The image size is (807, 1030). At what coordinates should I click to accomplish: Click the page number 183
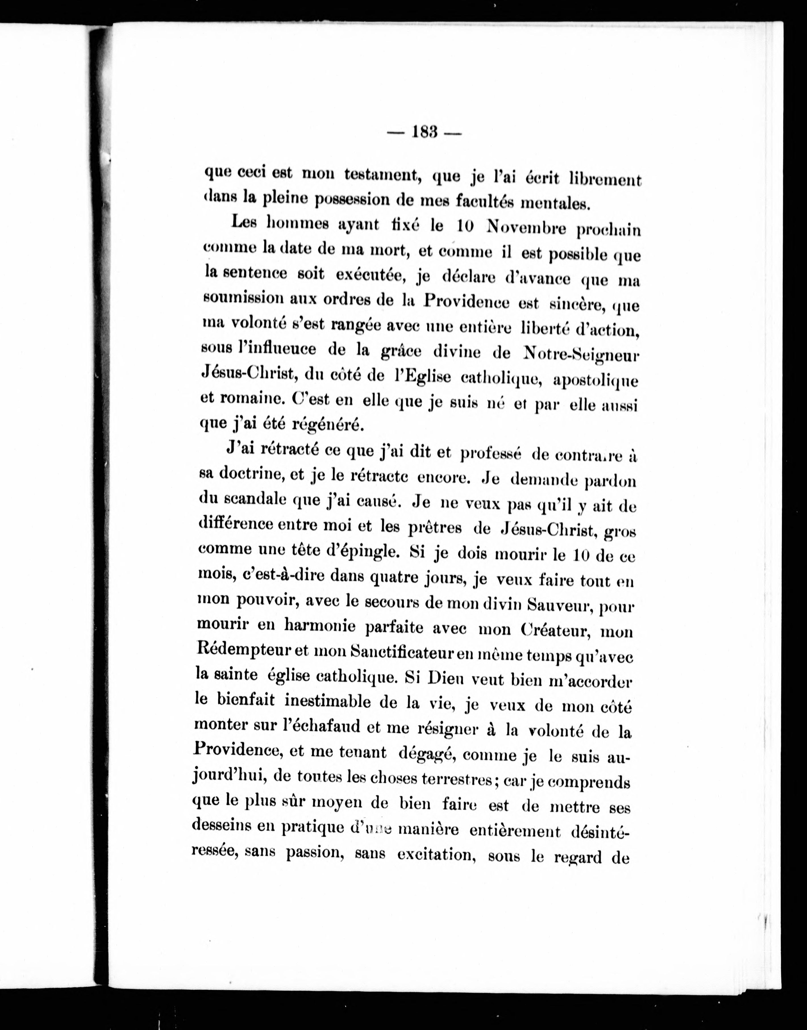(x=423, y=132)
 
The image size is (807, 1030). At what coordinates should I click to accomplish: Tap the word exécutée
(x=372, y=275)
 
